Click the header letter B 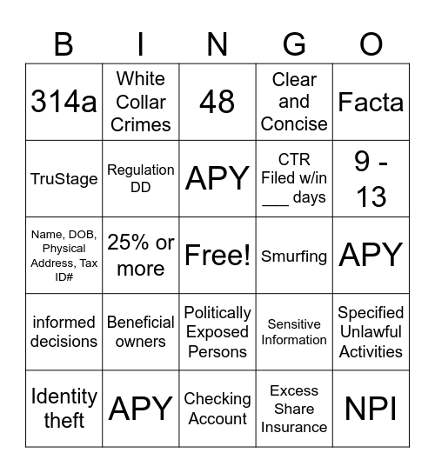click(64, 43)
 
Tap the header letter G click(294, 43)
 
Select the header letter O click(371, 43)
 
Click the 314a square click(64, 102)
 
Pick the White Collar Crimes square click(141, 102)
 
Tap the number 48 click(217, 102)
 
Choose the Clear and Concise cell click(294, 102)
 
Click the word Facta click(371, 102)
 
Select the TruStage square click(64, 178)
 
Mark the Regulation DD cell click(141, 178)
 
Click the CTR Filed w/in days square click(294, 178)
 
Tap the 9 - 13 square click(371, 178)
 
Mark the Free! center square click(217, 255)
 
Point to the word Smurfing click(294, 256)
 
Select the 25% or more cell click(141, 255)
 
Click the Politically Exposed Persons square click(217, 331)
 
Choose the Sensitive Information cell click(294, 331)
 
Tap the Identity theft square click(64, 408)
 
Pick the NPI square click(371, 408)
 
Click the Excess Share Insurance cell click(294, 408)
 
